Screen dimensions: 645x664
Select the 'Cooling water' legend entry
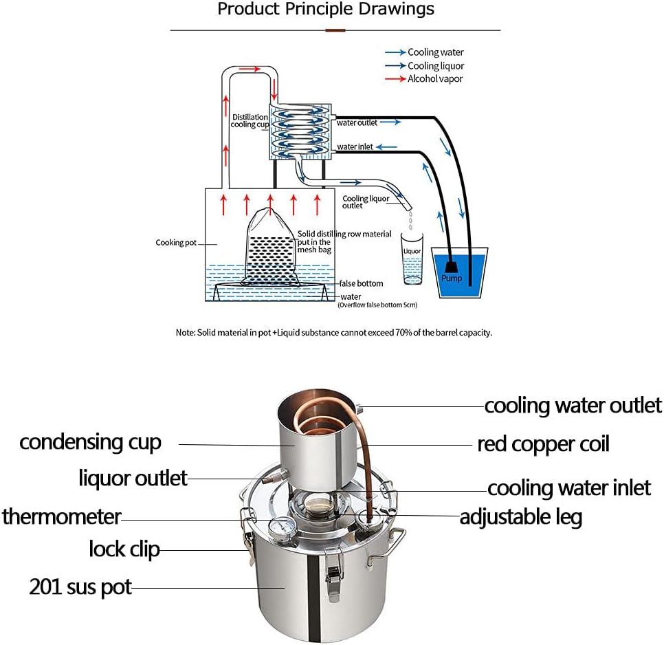[435, 52]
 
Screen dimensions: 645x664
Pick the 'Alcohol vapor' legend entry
[434, 79]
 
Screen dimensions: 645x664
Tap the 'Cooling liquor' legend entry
[436, 66]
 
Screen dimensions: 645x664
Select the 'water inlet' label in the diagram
[355, 147]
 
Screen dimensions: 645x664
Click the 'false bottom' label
[361, 283]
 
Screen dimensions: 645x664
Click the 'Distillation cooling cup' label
[249, 121]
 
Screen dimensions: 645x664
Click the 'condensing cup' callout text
[90, 442]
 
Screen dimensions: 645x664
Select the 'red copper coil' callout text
[543, 444]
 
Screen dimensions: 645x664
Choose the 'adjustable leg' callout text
[520, 516]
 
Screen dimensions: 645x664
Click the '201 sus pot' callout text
[80, 587]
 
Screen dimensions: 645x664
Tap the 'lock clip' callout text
[124, 549]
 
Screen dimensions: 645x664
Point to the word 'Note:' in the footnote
[186, 332]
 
